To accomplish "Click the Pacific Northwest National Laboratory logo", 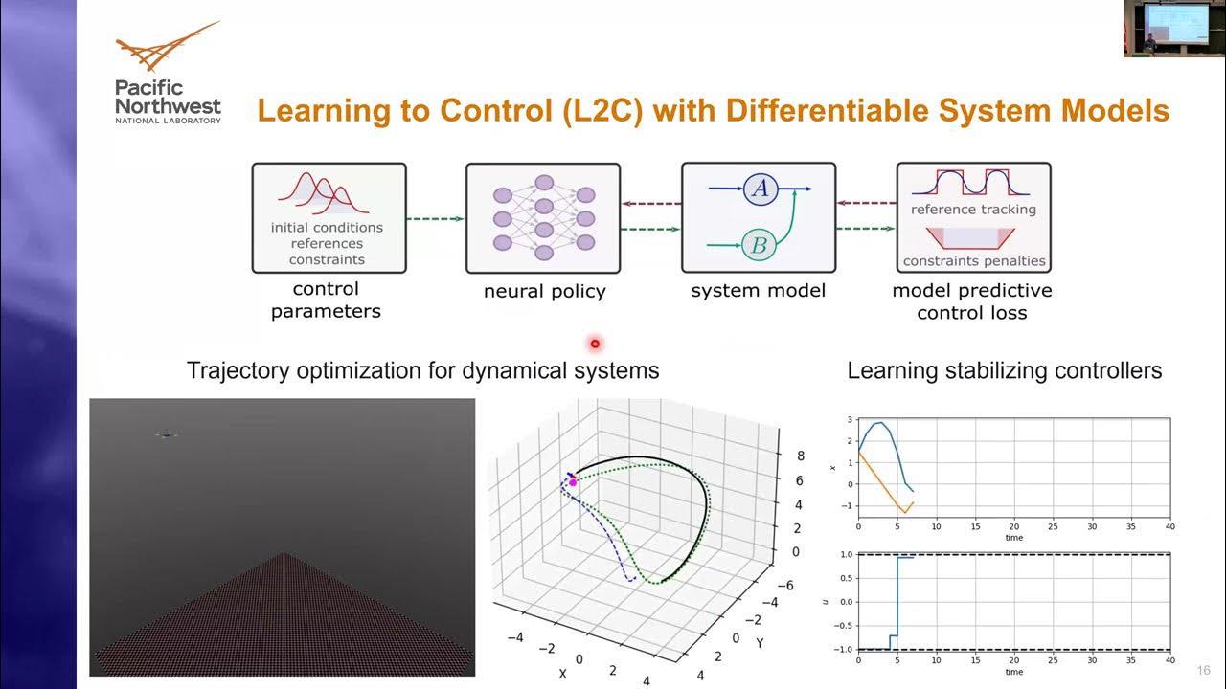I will coord(168,74).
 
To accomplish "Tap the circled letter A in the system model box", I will coord(760,189).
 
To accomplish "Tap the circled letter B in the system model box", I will coord(759,246).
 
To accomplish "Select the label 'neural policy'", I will coord(544,292).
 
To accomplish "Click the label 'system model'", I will coord(758,290).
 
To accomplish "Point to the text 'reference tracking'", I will coord(973,210).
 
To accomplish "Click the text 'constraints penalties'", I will coord(973,260).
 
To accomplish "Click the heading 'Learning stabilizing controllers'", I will coord(1004,370).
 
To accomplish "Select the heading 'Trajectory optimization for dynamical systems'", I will coord(422,370).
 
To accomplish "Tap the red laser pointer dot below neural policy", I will coord(595,343).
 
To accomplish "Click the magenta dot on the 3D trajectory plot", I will coord(573,482).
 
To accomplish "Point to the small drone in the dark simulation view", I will coord(168,435).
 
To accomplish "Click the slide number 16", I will coord(1203,670).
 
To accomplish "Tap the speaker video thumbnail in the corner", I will coord(1174,29).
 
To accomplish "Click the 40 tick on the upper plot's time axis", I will coord(1169,527).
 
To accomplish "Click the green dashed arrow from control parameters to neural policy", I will coord(435,220).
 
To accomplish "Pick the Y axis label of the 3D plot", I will coord(760,643).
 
